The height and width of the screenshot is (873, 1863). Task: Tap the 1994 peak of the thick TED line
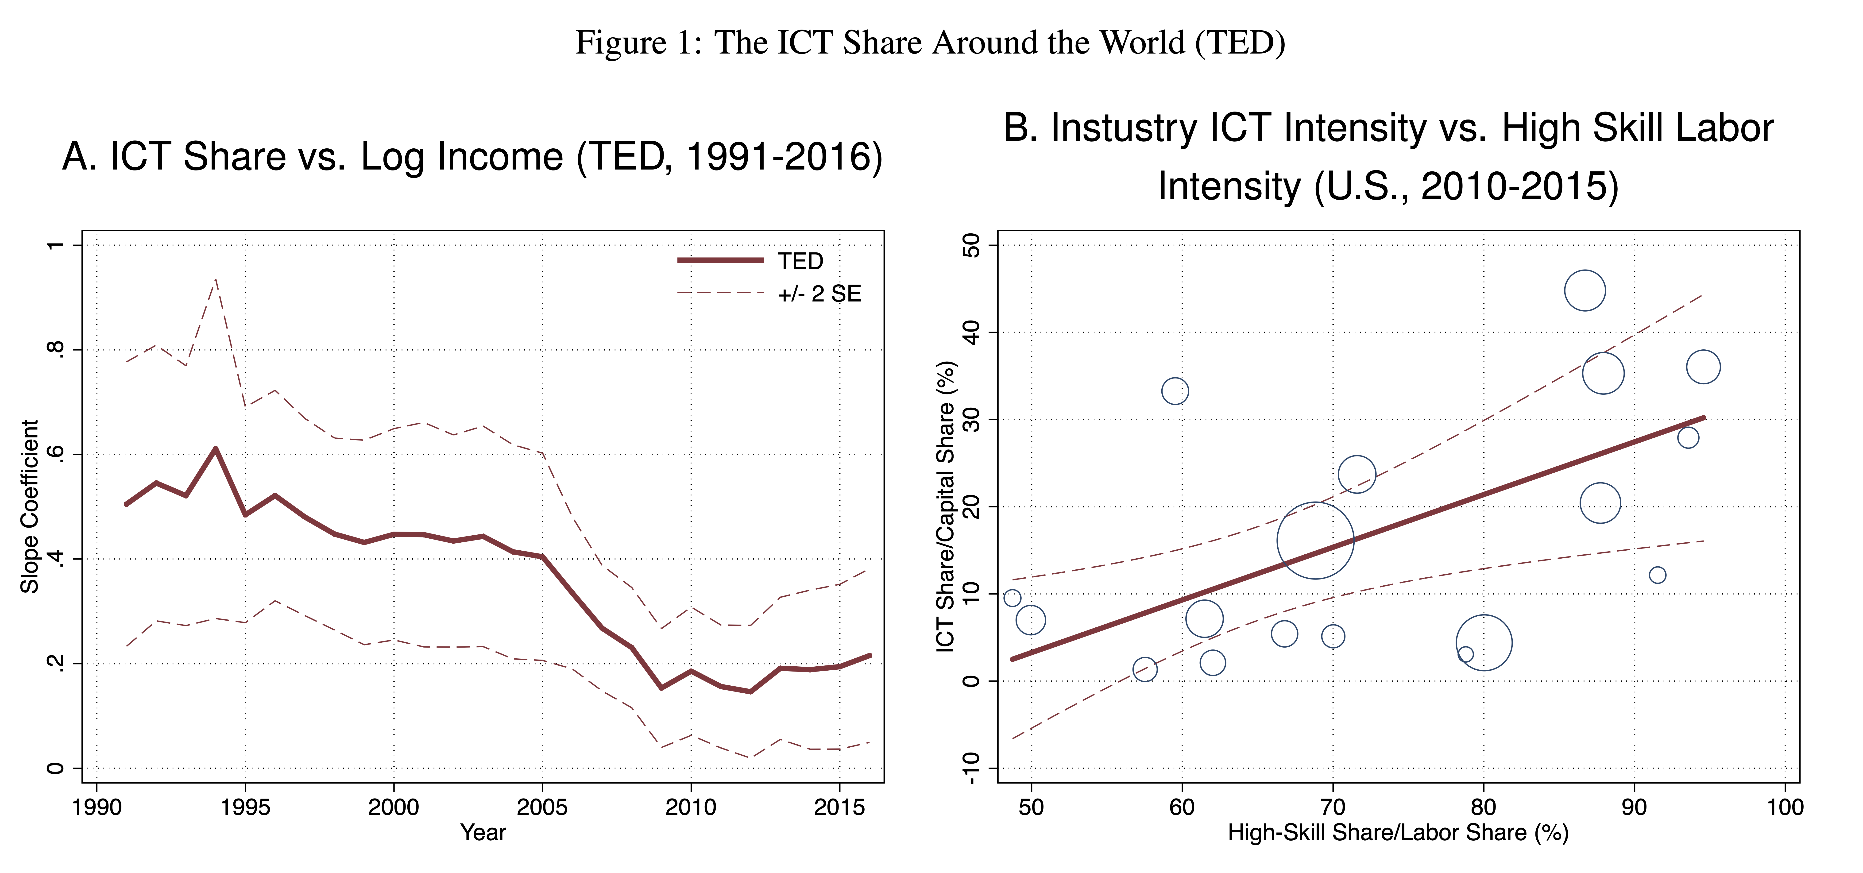pyautogui.click(x=216, y=448)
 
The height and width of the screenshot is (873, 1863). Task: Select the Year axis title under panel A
pyautogui.click(x=483, y=832)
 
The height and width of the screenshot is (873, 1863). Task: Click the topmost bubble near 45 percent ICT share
pyautogui.click(x=1585, y=291)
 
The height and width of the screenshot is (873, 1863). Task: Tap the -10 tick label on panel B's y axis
pyautogui.click(x=970, y=768)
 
